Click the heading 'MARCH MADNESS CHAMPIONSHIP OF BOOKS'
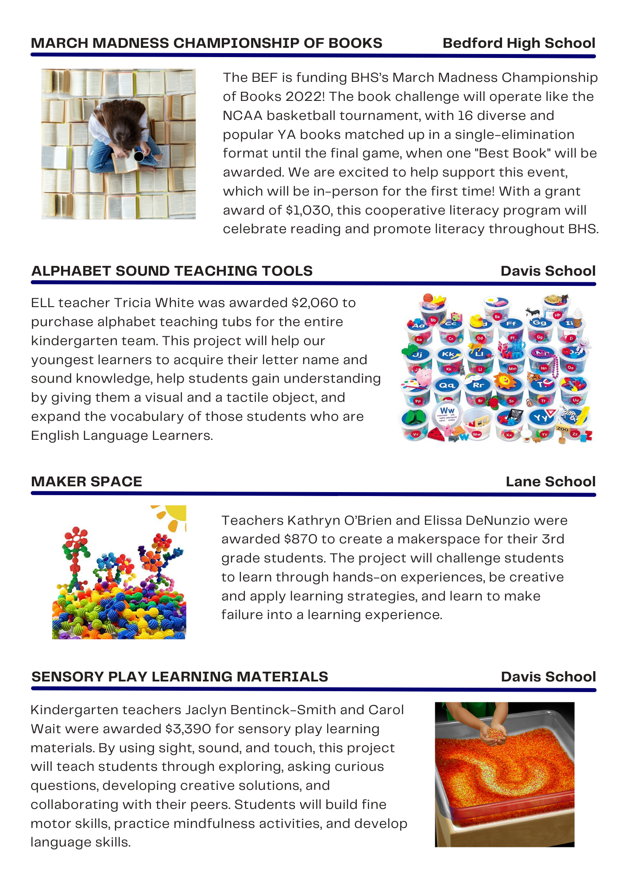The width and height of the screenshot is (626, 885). click(206, 43)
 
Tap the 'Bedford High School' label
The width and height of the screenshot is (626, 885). click(518, 43)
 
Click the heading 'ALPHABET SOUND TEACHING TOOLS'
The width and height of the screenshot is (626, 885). click(172, 271)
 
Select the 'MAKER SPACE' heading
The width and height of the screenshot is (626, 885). click(87, 481)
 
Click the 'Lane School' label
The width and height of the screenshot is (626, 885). click(550, 481)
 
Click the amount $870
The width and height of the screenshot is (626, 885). click(301, 539)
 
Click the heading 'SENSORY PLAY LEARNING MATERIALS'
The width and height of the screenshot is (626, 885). click(180, 677)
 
